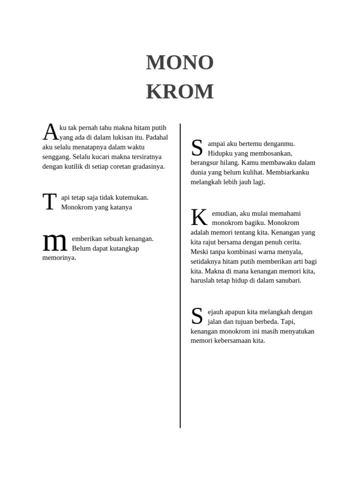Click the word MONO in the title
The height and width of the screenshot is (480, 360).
pyautogui.click(x=180, y=62)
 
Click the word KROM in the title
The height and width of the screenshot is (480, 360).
pyautogui.click(x=180, y=91)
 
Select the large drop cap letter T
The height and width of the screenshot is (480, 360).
pyautogui.click(x=49, y=202)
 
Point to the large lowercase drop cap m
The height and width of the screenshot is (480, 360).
pyautogui.click(x=55, y=242)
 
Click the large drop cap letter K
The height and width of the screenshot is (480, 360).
pyautogui.click(x=199, y=218)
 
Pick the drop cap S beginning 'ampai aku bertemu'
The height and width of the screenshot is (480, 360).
pyautogui.click(x=197, y=148)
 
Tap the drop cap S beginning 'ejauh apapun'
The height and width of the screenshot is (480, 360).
pyautogui.click(x=197, y=316)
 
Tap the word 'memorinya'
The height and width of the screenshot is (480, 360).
pyautogui.click(x=59, y=257)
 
